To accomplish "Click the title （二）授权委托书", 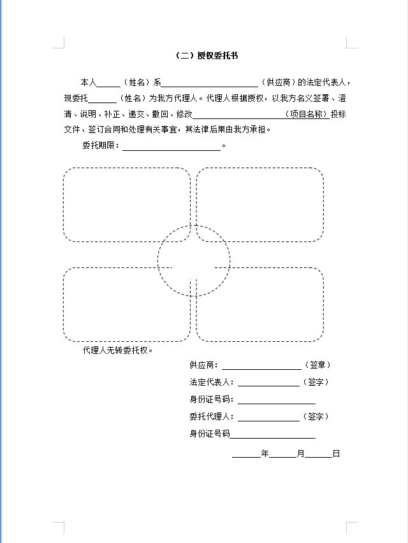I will click(x=207, y=56).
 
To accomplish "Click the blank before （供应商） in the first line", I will click(x=210, y=83).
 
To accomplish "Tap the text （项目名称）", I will click(x=307, y=115).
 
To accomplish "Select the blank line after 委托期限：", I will click(x=171, y=146).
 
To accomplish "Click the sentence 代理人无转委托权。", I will click(x=118, y=350).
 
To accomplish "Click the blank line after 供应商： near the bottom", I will click(x=261, y=366).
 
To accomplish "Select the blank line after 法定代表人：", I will click(x=268, y=383).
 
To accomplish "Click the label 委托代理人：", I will click(x=212, y=417).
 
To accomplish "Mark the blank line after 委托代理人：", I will click(x=268, y=418).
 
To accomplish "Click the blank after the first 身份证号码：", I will click(x=276, y=400).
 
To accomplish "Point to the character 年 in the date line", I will click(x=265, y=454).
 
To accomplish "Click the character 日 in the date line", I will click(x=336, y=454).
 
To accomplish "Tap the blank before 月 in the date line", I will click(x=282, y=455).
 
